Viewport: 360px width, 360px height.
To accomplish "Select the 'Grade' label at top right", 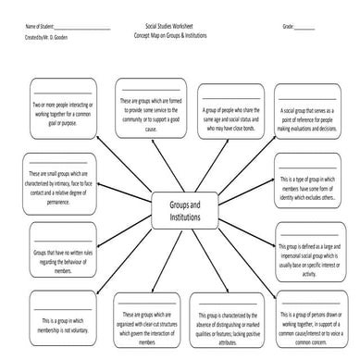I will click(288, 28).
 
